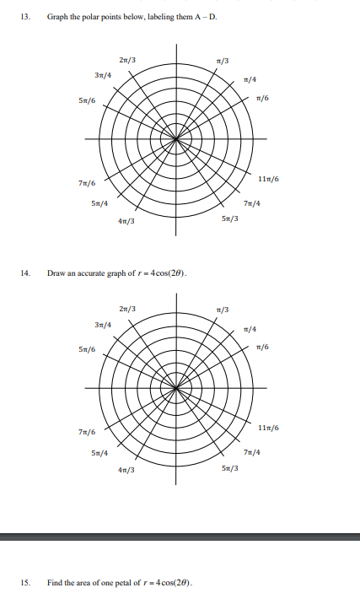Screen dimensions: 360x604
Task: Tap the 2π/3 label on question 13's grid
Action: pyautogui.click(x=129, y=58)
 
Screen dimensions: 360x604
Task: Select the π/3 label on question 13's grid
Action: pyautogui.click(x=223, y=59)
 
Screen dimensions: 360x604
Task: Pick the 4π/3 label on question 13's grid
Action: pyautogui.click(x=127, y=222)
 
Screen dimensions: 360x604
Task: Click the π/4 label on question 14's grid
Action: pyautogui.click(x=250, y=329)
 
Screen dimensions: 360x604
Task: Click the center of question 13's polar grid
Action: pyautogui.click(x=176, y=139)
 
